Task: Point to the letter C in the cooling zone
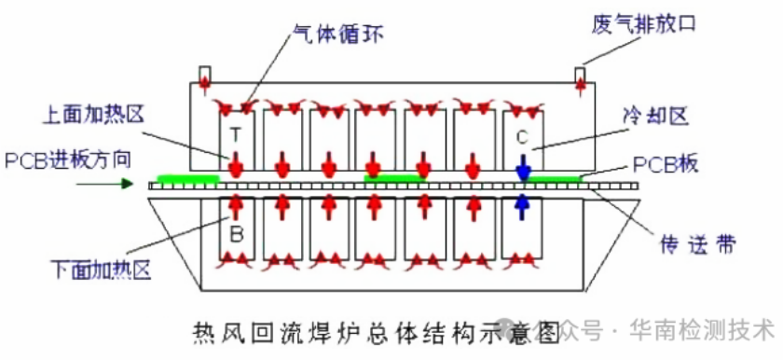(522, 136)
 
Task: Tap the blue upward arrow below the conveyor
(523, 202)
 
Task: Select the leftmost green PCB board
(187, 178)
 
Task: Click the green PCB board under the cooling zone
(556, 178)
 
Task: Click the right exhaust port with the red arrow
(580, 77)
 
